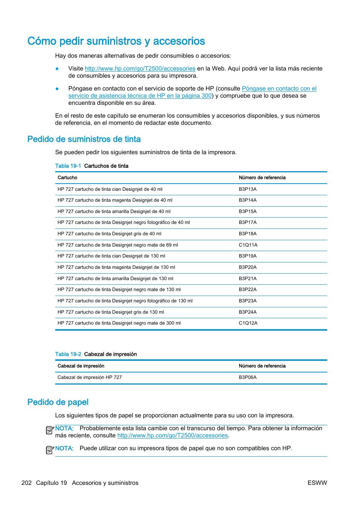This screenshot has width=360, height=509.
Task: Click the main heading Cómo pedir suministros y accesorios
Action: [x=116, y=41]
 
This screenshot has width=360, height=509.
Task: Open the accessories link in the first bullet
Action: [x=140, y=69]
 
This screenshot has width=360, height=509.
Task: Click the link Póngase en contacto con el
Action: [x=279, y=89]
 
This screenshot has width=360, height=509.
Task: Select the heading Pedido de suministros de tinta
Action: [x=84, y=139]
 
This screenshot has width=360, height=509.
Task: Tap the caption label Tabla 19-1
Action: [x=68, y=166]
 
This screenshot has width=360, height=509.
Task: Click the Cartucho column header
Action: [x=67, y=178]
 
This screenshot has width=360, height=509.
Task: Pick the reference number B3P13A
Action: [x=248, y=189]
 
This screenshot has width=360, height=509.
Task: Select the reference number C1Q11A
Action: [x=248, y=245]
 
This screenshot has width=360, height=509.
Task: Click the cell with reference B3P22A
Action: [x=248, y=290]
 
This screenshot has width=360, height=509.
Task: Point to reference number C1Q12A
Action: [x=248, y=323]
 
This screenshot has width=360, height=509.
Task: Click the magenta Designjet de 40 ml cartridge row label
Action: [x=115, y=200]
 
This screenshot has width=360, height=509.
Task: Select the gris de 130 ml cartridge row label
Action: [x=111, y=312]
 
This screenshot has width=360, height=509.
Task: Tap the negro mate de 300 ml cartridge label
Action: [x=119, y=323]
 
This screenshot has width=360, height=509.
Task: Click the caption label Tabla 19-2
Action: [x=68, y=354]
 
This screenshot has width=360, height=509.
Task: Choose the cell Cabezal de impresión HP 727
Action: [x=89, y=377]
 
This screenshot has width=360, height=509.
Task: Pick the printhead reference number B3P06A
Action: [x=248, y=377]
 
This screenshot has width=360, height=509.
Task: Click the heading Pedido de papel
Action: [x=58, y=402]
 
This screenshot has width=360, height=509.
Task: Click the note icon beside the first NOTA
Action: [x=50, y=430]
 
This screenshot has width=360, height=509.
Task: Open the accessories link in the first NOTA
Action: [x=172, y=435]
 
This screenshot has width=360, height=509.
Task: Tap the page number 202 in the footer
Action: [x=26, y=483]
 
